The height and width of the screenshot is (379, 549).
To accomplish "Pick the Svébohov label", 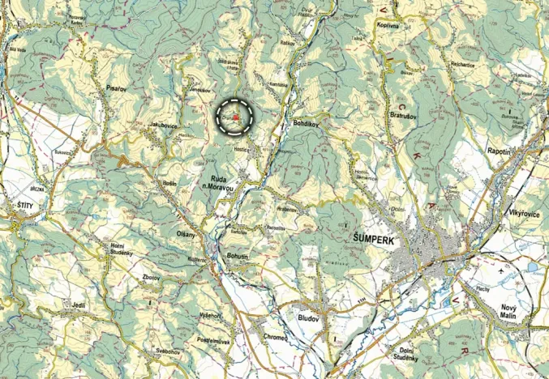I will click(x=151, y=351).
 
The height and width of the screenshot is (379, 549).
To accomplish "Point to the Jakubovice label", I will click(x=164, y=125).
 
